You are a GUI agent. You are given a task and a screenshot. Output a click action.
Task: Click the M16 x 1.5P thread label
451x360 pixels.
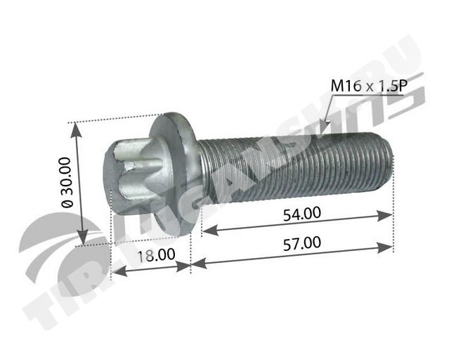tap(369, 86)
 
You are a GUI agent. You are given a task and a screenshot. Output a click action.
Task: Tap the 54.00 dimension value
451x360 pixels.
tap(302, 214)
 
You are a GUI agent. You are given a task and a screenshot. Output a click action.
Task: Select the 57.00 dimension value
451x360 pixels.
tap(302, 243)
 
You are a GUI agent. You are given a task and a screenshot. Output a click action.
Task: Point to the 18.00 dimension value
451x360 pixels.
tap(156, 255)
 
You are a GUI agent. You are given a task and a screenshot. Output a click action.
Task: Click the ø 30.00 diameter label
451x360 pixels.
tap(67, 182)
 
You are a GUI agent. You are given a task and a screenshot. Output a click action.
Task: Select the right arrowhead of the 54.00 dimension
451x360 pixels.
tap(384, 215)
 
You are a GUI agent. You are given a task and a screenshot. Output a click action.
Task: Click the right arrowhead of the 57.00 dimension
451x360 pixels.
tap(384, 247)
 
